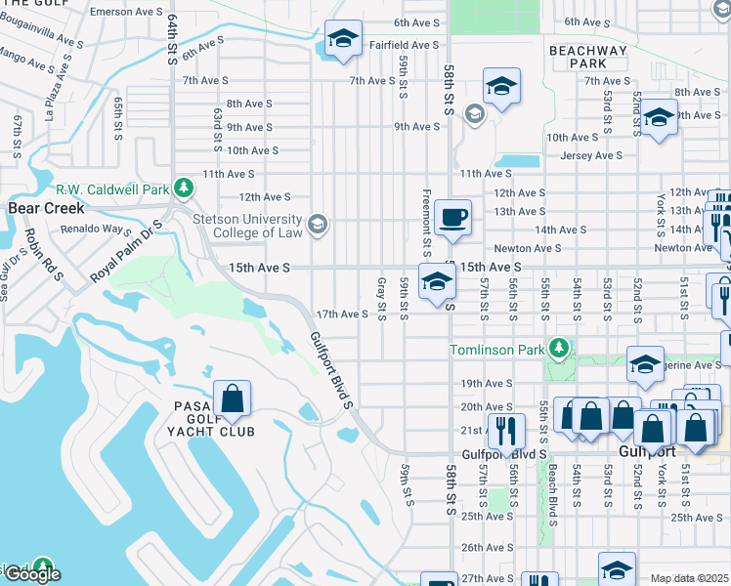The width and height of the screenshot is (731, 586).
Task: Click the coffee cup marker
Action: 451,217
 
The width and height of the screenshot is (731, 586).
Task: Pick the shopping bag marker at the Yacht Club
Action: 233,398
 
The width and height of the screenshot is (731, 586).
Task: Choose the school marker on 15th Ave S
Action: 437,282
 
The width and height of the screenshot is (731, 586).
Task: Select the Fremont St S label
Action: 427,217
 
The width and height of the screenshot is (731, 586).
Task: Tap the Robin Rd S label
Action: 43,254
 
